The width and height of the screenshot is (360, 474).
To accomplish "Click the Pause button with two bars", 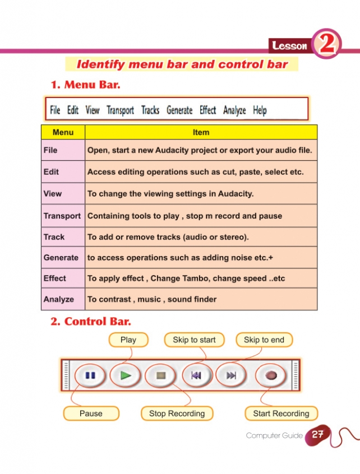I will [90, 375].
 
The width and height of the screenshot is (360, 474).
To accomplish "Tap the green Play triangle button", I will [125, 375].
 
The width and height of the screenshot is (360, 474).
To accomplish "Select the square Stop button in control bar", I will [160, 375].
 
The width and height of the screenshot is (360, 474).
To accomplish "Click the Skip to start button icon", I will [196, 375].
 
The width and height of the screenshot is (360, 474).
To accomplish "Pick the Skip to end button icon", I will [231, 375].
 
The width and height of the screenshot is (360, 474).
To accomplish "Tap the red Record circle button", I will [272, 375].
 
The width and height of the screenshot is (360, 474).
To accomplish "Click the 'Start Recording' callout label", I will [281, 413].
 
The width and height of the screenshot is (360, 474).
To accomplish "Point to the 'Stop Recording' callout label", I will [177, 413].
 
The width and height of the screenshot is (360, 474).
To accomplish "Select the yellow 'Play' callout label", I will [128, 340].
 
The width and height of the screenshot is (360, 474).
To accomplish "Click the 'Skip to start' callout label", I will [194, 340].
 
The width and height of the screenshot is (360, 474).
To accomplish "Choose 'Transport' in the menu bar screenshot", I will [120, 110].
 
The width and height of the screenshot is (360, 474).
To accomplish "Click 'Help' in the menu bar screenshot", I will [260, 110].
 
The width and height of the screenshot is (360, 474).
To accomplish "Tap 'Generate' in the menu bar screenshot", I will [179, 110].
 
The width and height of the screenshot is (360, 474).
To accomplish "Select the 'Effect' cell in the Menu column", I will [55, 278].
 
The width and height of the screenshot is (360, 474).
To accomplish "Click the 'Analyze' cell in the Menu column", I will [58, 299].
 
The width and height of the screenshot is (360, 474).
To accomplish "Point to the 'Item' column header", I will [201, 132].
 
